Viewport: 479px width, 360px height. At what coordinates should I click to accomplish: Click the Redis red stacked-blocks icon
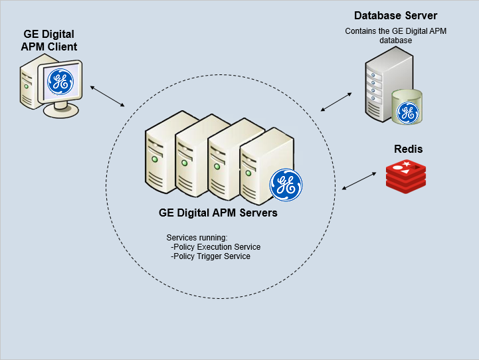point(406,177)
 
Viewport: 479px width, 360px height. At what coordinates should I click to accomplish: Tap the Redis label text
point(408,149)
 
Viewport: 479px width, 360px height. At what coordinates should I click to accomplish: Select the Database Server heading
point(395,15)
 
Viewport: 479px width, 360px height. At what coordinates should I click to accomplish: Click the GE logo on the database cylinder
point(407,113)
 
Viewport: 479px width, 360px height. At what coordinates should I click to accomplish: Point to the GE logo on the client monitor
point(60,82)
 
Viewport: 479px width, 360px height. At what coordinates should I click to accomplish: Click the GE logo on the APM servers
point(286,185)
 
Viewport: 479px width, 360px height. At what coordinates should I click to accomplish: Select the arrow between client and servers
point(108,96)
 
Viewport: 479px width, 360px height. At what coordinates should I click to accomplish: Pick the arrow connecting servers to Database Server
point(336,102)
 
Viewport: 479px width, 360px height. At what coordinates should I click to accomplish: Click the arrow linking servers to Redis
point(359,181)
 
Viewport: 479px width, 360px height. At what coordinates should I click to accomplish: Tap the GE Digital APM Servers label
point(218,213)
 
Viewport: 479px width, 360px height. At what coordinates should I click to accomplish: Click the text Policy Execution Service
point(217,246)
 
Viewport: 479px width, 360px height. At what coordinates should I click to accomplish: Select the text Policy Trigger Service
point(212,256)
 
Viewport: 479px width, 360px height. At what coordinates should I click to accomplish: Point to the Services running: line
point(197,238)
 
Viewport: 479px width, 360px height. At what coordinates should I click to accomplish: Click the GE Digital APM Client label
point(49,41)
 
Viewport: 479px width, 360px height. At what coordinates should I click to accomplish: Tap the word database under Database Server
point(395,41)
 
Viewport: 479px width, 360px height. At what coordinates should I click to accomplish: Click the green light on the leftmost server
point(155,159)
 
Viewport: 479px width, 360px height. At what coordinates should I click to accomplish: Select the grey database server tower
point(389,84)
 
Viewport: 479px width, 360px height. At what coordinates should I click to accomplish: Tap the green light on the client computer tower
point(27,87)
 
